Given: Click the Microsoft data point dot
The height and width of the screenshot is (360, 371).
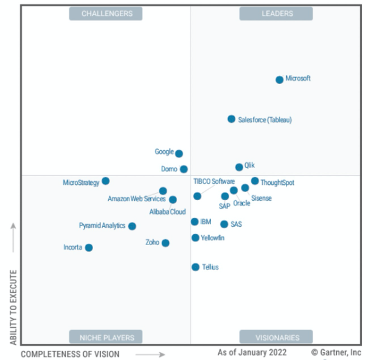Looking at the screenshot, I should click(279, 80).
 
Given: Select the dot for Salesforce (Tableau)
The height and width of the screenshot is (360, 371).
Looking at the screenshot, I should click(231, 119).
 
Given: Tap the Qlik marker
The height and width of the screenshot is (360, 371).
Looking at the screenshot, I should click(239, 167).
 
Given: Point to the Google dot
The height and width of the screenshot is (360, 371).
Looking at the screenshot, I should click(179, 154).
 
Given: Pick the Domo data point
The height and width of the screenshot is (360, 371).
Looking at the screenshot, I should click(184, 169).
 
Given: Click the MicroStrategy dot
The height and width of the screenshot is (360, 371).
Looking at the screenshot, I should click(106, 181).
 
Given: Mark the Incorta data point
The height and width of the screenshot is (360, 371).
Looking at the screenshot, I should click(89, 247).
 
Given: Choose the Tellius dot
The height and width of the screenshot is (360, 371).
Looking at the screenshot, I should click(195, 267).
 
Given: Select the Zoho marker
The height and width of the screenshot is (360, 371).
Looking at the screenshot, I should click(165, 243).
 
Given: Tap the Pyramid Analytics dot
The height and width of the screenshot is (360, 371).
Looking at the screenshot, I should click(132, 226).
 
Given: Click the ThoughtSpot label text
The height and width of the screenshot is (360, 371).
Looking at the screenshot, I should click(277, 182).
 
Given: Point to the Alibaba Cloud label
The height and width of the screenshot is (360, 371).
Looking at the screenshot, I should click(167, 212).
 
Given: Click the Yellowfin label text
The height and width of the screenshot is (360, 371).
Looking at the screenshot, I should click(212, 238).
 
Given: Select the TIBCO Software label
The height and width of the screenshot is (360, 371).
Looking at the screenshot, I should click(214, 181).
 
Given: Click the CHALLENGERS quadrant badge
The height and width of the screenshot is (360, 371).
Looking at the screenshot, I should click(105, 13).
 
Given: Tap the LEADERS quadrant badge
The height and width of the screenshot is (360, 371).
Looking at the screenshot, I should click(276, 13).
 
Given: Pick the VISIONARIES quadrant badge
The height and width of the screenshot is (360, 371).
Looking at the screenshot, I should click(276, 337).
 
